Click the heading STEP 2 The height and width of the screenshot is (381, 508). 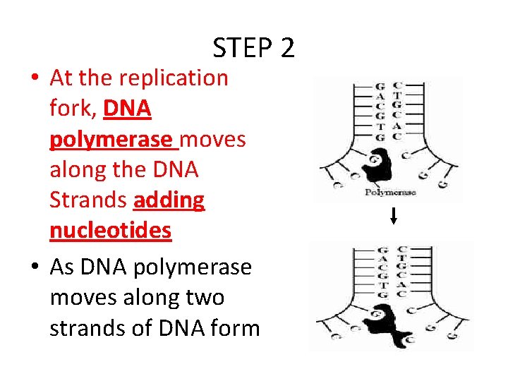[253, 48]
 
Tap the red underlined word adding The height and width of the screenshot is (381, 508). [169, 200]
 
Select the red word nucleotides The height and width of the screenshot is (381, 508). [110, 231]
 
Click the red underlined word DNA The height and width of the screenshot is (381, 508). [128, 109]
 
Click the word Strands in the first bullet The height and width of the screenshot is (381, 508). [88, 200]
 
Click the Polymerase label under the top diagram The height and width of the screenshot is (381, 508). [389, 192]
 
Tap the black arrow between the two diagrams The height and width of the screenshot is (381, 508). [394, 217]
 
